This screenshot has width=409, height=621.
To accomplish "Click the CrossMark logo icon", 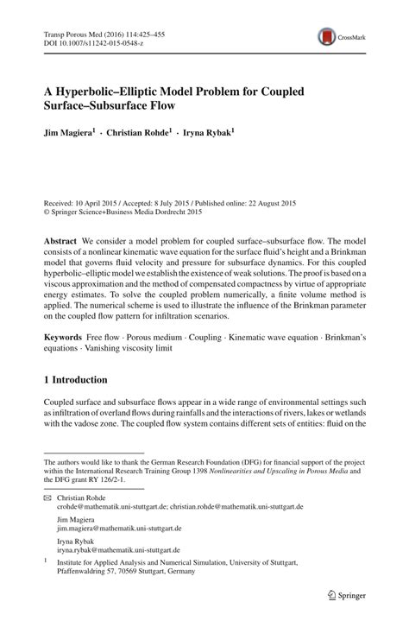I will [327, 36].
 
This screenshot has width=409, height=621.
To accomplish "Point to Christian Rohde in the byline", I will [139, 135].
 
